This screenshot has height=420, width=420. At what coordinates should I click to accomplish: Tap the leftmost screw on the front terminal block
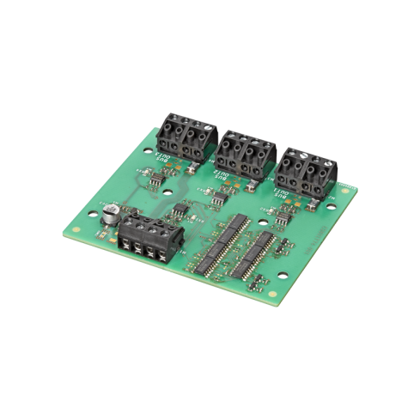click(x=127, y=227)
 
